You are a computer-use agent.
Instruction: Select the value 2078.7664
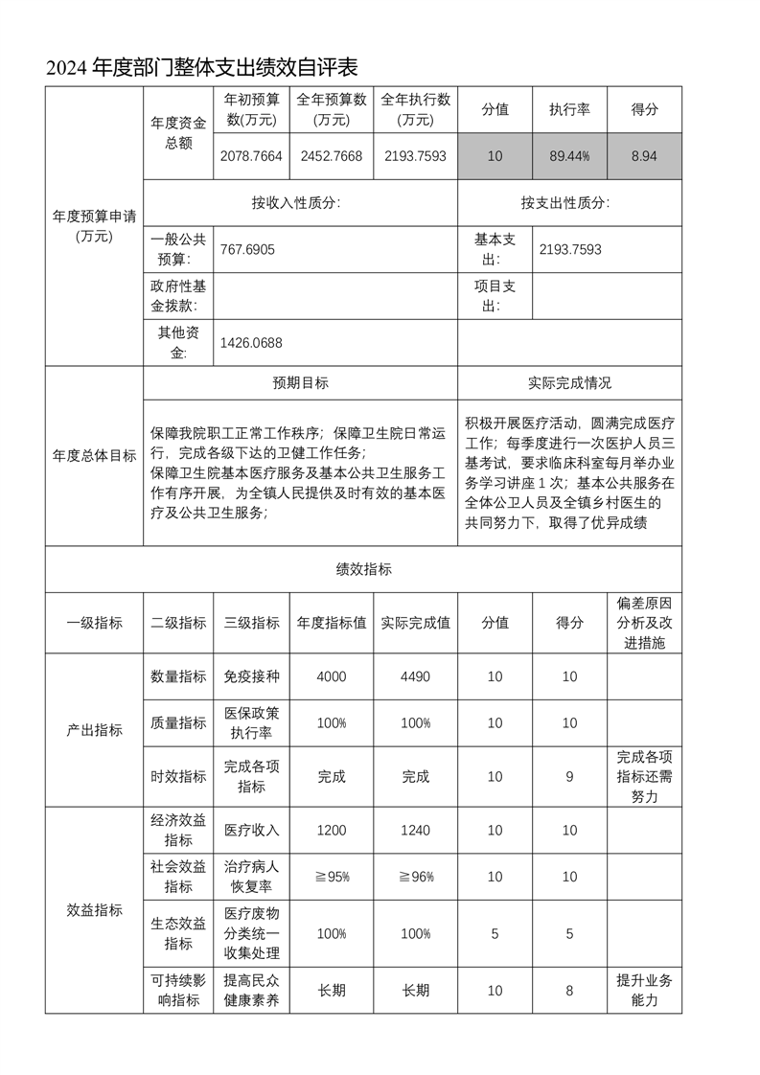coord(251,156)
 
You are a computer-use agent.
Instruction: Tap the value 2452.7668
coord(332,156)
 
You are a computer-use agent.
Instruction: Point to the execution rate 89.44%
coord(569,156)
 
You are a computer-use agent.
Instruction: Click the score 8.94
coord(644,156)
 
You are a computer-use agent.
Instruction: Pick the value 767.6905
coord(247,249)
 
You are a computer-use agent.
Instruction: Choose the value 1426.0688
coord(251,343)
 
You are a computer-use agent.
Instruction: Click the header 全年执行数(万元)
coord(415,109)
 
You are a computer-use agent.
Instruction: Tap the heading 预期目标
coord(300,382)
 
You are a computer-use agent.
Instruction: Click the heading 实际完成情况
coord(569,382)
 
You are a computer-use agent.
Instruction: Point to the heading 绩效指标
coord(363,568)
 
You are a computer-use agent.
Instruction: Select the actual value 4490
coord(415,676)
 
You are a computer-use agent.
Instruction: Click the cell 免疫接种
coord(251,676)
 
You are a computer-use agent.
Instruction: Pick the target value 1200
coord(332,830)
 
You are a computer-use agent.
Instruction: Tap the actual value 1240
coord(415,830)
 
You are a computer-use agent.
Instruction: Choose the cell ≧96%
coord(415,877)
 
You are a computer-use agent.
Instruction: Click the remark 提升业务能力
coord(644,991)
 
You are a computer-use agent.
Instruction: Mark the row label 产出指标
coord(94,730)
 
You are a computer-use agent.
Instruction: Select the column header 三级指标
coord(251,622)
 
